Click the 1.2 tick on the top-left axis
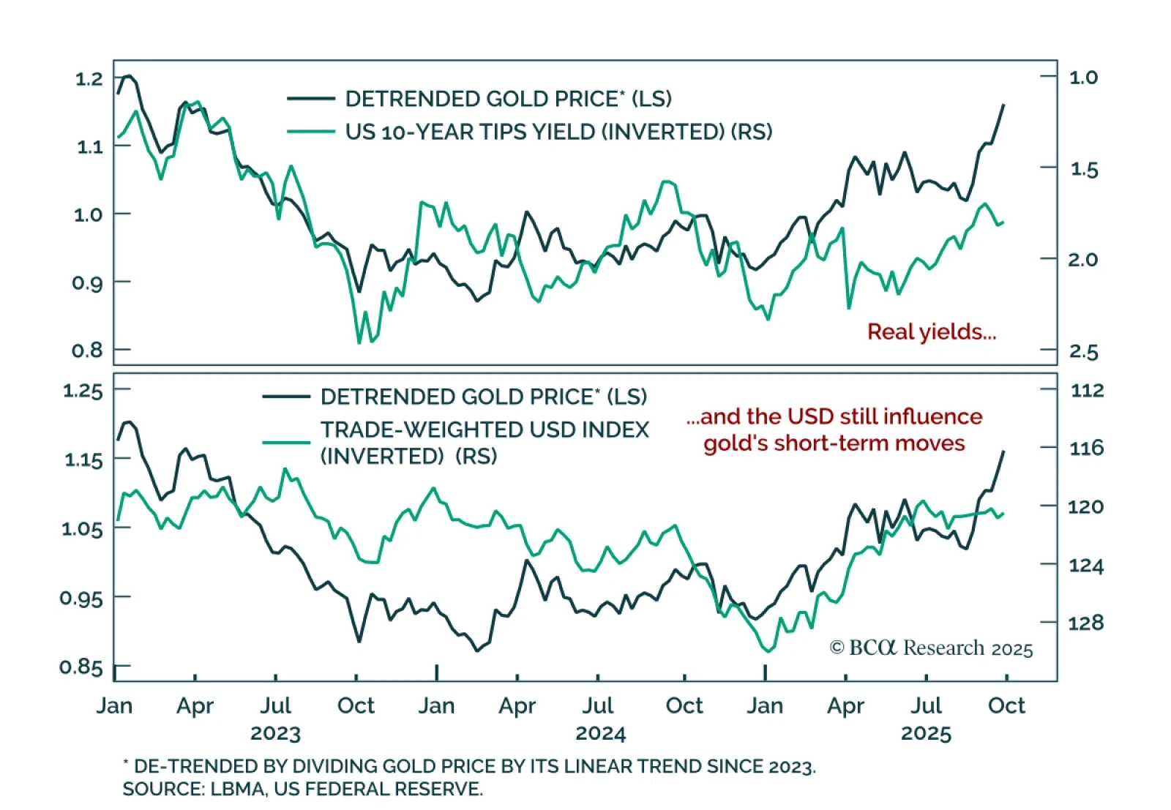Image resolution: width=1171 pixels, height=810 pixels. point(89,78)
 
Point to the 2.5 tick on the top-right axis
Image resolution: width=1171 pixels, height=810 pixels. point(1083,352)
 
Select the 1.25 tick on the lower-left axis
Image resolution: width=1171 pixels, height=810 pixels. point(83,391)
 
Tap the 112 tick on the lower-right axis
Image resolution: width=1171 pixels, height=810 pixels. point(1087,390)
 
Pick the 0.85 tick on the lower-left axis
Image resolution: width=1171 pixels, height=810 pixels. point(81,667)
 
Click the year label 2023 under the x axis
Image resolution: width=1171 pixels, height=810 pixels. point(275,733)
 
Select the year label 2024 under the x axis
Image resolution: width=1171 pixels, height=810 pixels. point(600,733)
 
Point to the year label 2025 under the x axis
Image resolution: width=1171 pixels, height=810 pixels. point(926,733)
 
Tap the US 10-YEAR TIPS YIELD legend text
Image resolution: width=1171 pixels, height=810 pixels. point(558,132)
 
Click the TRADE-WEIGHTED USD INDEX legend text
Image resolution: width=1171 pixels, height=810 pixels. point(485,430)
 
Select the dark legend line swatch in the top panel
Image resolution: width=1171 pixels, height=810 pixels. point(311,99)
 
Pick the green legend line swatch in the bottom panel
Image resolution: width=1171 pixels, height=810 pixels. point(286,442)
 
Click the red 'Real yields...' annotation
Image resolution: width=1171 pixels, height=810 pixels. point(931,332)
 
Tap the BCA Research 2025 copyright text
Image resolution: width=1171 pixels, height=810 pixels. point(931,648)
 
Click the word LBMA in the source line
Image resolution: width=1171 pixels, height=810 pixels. point(237,790)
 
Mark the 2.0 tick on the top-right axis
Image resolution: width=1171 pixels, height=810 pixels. point(1083,260)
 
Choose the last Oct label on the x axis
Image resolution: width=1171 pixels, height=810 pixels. point(1006,705)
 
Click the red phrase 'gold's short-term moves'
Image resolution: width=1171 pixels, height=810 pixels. point(834,443)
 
